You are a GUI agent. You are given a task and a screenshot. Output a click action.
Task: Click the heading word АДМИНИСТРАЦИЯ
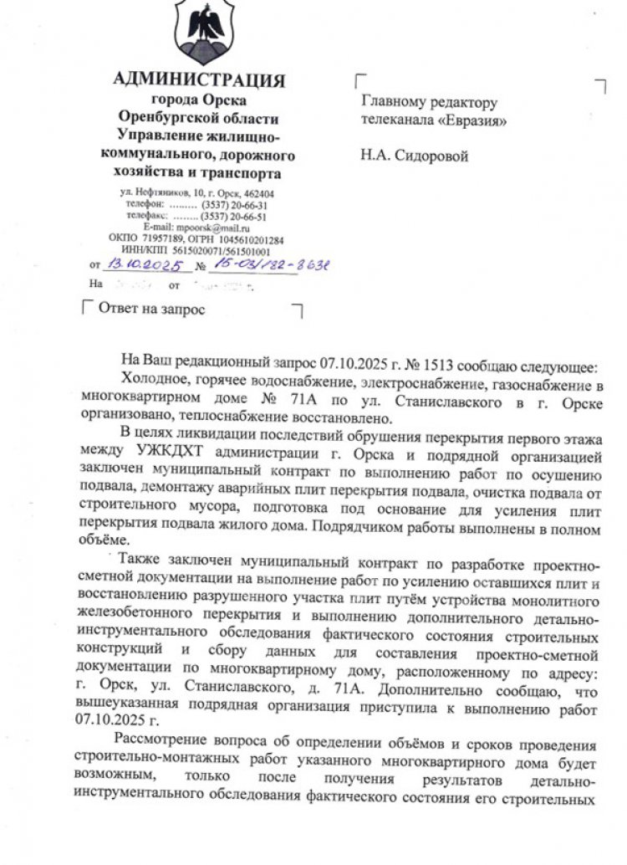coord(199,80)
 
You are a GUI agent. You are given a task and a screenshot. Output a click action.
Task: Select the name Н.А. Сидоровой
coord(415,155)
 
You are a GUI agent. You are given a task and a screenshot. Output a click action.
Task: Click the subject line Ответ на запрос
coord(151,309)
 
